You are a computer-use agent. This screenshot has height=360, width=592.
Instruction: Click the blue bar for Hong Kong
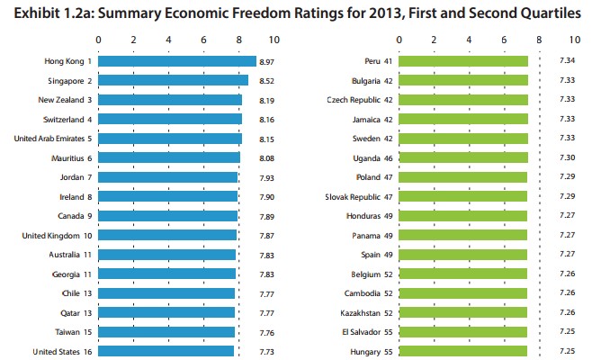tap(176, 61)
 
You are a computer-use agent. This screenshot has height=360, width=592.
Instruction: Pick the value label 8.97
tap(266, 61)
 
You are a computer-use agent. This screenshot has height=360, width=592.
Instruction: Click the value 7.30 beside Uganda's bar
tap(566, 157)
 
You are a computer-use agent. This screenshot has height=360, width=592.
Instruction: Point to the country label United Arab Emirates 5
tap(53, 139)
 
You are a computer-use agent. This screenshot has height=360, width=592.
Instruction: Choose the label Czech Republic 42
tap(357, 100)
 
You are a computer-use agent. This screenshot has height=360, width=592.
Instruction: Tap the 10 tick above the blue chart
tap(274, 40)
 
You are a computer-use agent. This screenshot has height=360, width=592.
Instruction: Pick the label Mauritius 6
tap(68, 157)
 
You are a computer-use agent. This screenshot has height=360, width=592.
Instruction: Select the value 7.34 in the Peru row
tap(566, 61)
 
